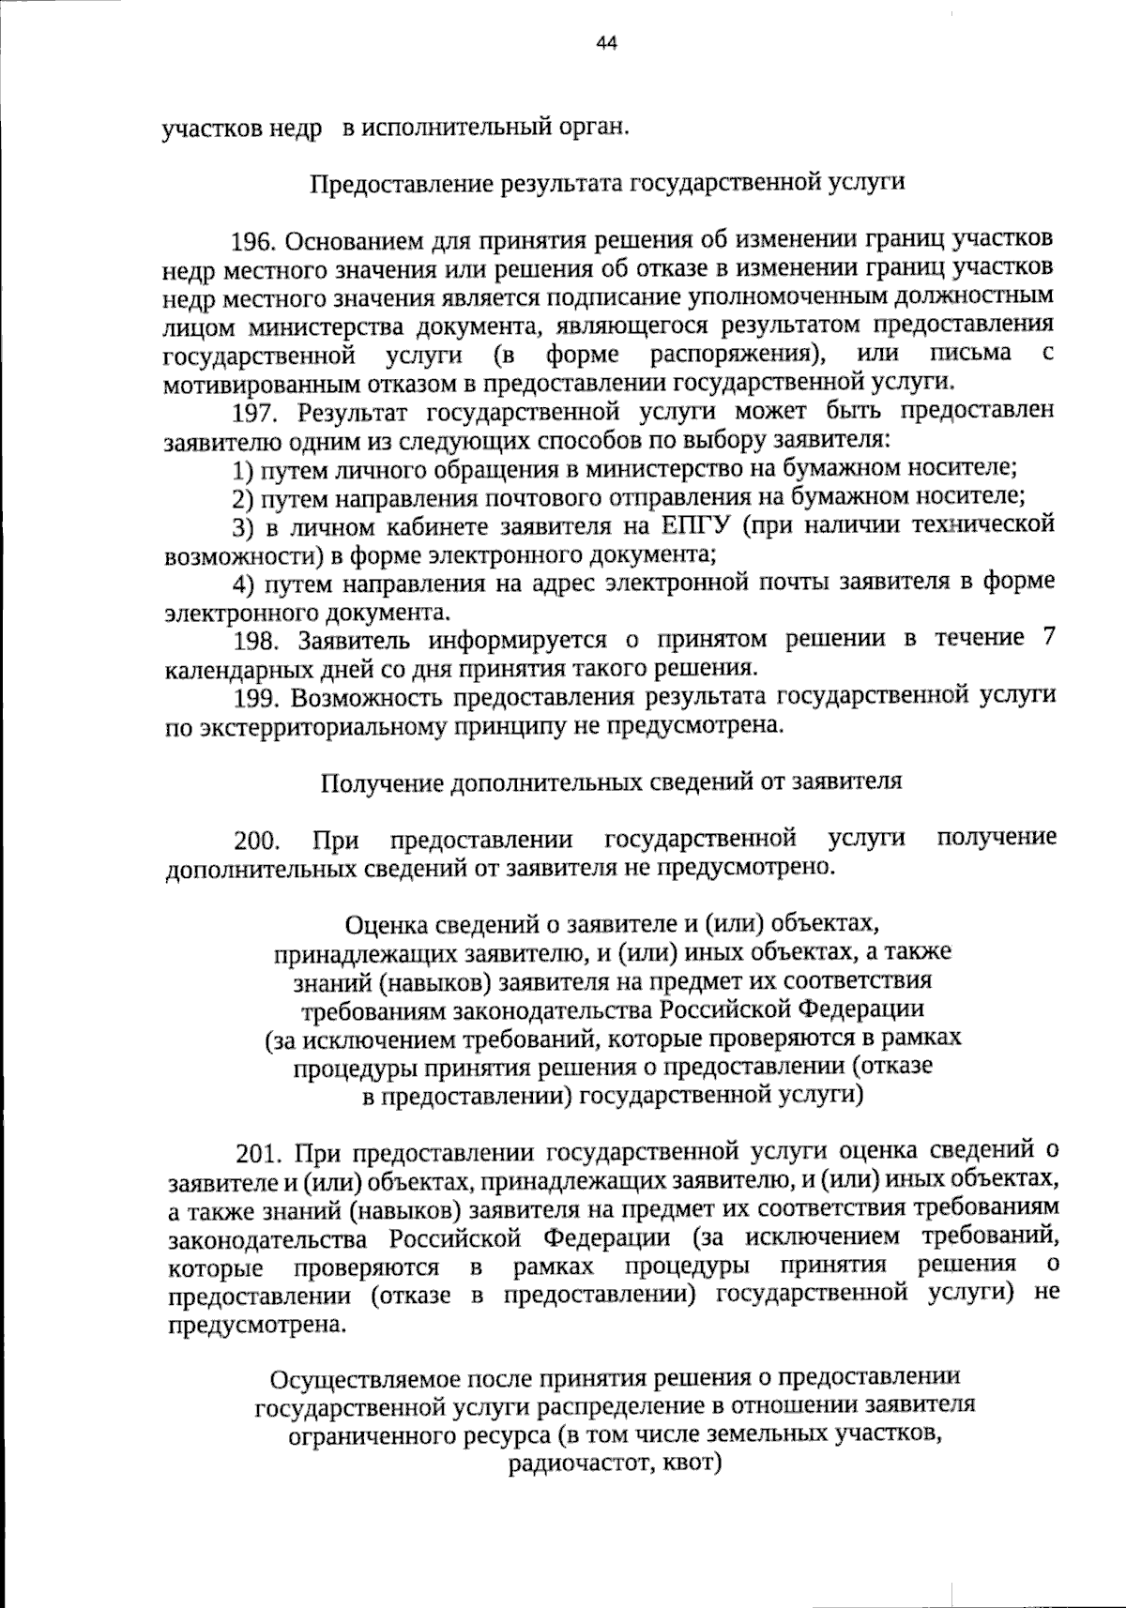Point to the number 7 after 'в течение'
[1047, 639]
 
